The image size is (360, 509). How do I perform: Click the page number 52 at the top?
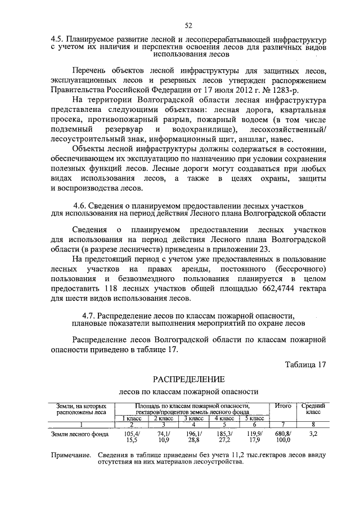coord(188,25)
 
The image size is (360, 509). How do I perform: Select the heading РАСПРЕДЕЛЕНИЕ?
coord(188,379)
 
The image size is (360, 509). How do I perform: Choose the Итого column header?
coord(282,406)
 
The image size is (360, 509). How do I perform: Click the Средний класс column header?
coord(313,409)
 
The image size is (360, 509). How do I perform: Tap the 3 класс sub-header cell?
coord(193,418)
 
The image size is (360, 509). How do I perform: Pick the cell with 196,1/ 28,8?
coord(193,438)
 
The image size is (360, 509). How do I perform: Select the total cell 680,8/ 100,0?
coord(282,438)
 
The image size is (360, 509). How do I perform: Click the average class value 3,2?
coord(313,434)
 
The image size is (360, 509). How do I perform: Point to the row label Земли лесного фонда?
coord(76,434)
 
